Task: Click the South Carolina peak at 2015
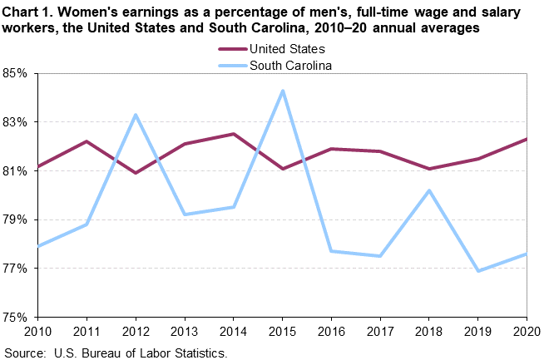pyautogui.click(x=282, y=91)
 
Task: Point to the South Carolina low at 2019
pyautogui.click(x=477, y=271)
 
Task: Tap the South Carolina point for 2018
pyautogui.click(x=428, y=190)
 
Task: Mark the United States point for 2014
pyautogui.click(x=233, y=134)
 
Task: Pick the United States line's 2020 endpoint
pyautogui.click(x=527, y=139)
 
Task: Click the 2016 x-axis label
pyautogui.click(x=330, y=333)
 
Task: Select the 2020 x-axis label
pyautogui.click(x=526, y=333)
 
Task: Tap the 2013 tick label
pyautogui.click(x=184, y=333)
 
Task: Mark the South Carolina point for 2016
pyautogui.click(x=331, y=251)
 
